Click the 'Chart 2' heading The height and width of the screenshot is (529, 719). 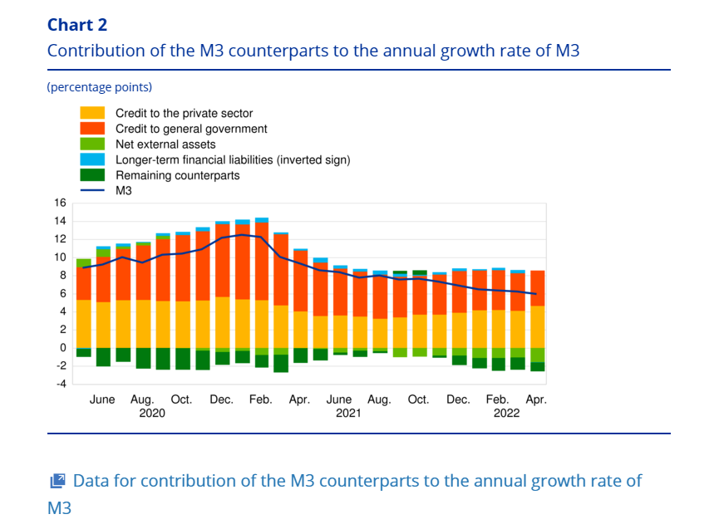point(77,25)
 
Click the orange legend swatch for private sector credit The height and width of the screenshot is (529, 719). point(92,113)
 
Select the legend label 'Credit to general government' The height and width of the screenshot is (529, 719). point(191,129)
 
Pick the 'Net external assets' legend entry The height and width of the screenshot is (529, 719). point(165,144)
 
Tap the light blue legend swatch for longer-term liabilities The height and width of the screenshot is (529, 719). point(92,159)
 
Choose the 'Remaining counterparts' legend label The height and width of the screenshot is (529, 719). point(177,175)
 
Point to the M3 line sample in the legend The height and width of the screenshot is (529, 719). point(92,191)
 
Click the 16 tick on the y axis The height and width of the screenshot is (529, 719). point(59,203)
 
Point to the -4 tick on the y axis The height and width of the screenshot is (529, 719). point(59,384)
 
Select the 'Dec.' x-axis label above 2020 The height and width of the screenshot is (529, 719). point(222,399)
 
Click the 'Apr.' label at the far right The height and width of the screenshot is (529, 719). point(536,399)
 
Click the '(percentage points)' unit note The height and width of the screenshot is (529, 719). point(100,87)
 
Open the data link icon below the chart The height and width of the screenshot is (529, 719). point(57,481)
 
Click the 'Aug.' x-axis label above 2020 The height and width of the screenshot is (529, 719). point(142,399)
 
